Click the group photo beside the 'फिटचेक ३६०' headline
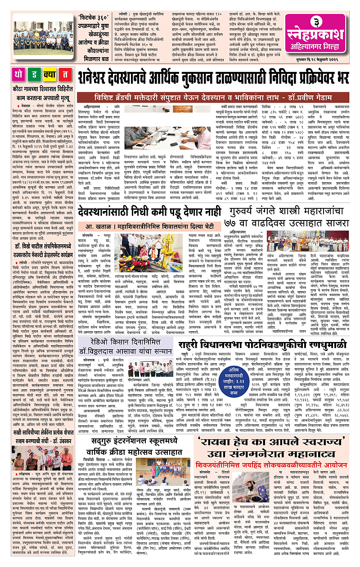click(x=43, y=36)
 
